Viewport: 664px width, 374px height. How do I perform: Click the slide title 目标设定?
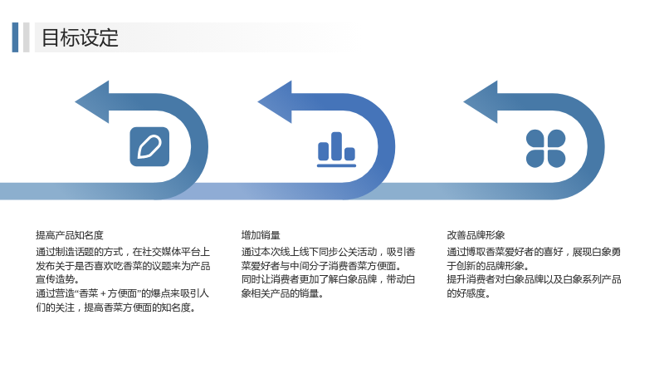(80, 37)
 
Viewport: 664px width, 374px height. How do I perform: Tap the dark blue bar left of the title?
(15, 37)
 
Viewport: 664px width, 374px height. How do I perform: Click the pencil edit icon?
(149, 147)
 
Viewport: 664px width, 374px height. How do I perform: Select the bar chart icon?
(337, 150)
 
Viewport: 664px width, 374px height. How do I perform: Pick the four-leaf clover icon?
(546, 149)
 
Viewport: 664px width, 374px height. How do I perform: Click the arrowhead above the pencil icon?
(92, 101)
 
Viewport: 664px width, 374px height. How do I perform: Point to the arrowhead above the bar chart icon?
(275, 101)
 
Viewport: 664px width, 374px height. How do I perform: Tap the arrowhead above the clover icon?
(481, 101)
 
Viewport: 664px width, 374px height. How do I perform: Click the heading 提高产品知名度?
(70, 235)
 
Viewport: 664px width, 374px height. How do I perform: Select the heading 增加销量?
(261, 235)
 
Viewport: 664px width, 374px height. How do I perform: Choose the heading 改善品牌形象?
(476, 235)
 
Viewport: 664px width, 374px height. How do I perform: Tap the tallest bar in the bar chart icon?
(337, 146)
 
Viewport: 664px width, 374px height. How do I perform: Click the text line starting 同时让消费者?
(328, 279)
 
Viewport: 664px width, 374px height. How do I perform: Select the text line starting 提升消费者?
(534, 279)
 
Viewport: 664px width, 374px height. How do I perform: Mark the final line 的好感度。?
(468, 293)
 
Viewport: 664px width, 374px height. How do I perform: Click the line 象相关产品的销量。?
(282, 293)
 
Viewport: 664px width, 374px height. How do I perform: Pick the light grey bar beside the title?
(27, 37)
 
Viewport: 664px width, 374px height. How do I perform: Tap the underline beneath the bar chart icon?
(337, 165)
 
